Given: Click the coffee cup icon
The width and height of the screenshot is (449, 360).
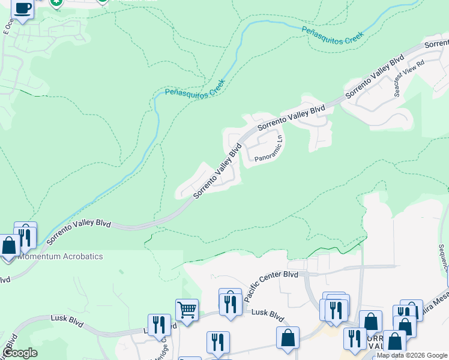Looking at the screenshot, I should pos(23,9).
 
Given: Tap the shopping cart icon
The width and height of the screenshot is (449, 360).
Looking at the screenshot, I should pos(187,310).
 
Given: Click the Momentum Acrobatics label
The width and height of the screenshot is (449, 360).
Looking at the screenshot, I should pos(61,256).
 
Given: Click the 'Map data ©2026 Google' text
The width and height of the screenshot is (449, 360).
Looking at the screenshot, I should pos(412,355).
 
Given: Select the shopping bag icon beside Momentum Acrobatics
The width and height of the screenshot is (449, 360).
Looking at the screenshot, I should pos(9,246).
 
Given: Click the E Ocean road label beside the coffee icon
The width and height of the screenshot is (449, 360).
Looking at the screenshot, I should pos(8,28).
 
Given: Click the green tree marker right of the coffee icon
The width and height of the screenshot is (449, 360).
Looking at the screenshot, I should pos(56,2).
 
